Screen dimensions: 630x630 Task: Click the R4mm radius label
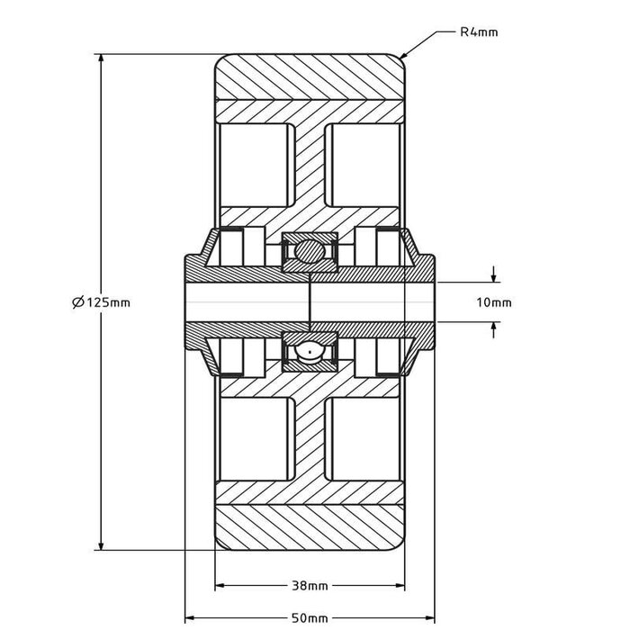tap(478, 32)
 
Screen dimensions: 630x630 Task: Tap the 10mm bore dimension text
tap(492, 302)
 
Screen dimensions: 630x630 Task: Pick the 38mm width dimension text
tap(309, 586)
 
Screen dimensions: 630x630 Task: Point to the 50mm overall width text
tap(309, 618)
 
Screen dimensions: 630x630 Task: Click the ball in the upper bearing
tap(309, 250)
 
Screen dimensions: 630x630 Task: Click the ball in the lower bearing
tap(309, 352)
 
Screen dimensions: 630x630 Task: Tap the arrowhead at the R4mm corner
tap(404, 57)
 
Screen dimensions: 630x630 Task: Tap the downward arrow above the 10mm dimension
tap(493, 276)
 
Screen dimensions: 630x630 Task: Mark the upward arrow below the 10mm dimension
tap(493, 328)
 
